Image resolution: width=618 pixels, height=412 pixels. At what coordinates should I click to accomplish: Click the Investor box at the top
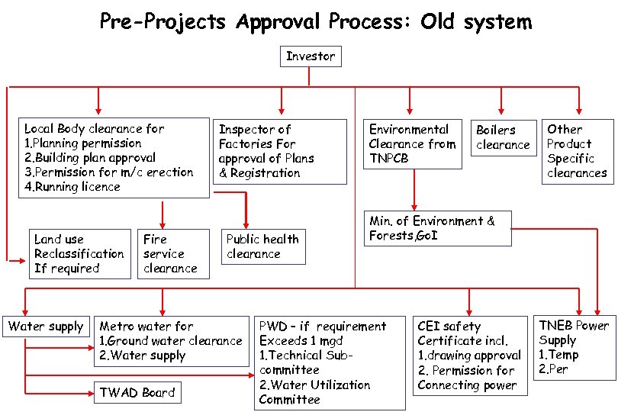click(x=310, y=56)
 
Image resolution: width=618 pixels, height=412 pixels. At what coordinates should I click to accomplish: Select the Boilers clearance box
click(x=502, y=137)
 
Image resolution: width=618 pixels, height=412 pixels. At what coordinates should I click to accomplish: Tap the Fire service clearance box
click(x=173, y=254)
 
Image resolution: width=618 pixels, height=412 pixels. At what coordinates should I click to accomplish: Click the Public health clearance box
click(x=262, y=246)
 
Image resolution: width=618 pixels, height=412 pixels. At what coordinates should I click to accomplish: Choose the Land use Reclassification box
click(x=79, y=254)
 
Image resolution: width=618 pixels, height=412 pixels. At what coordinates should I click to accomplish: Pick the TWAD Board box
click(x=137, y=393)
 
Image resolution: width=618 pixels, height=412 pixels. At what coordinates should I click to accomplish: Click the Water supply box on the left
click(x=45, y=327)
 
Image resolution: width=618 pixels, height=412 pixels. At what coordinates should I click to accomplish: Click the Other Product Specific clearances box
click(x=577, y=151)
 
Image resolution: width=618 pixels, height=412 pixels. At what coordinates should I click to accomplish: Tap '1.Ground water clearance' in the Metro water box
click(x=170, y=341)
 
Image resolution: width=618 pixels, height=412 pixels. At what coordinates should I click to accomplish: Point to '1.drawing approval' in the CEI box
click(x=468, y=356)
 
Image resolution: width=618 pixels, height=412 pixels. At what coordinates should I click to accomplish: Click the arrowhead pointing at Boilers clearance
click(x=501, y=113)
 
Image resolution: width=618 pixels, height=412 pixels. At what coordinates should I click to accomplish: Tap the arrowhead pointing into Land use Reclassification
click(x=24, y=261)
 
